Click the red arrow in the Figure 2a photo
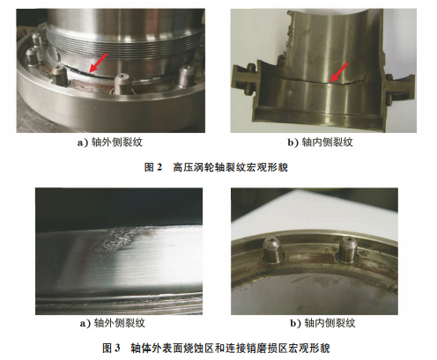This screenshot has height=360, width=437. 98,62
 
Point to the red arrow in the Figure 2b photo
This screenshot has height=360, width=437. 339,72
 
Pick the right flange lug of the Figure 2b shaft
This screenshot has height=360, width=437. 399,87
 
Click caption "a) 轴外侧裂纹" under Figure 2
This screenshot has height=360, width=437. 110,143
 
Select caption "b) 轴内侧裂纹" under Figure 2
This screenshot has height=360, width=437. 320,143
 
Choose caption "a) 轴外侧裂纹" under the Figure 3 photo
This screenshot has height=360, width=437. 113,323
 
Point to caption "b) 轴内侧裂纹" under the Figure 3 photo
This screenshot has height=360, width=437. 322,323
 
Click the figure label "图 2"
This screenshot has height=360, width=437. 153,167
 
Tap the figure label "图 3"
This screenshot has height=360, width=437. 111,349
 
